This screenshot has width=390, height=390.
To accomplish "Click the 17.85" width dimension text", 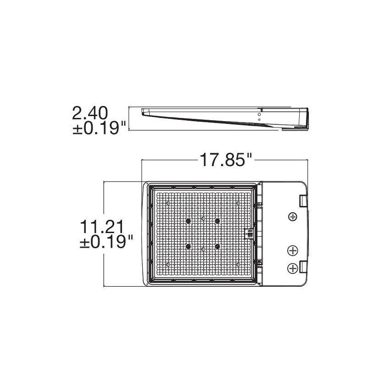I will (226, 161).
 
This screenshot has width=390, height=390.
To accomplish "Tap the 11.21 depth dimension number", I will (102, 227).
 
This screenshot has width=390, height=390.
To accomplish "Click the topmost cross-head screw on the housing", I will (292, 216).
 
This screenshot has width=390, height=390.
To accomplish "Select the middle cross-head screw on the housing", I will (292, 250).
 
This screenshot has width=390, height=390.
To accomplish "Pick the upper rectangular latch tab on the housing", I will (303, 201).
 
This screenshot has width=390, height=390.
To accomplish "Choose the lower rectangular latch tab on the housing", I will (303, 266).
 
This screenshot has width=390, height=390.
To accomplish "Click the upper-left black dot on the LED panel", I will (188, 221).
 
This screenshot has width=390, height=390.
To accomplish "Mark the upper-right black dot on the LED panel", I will (217, 221).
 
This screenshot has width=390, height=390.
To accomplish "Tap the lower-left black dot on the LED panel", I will (188, 247).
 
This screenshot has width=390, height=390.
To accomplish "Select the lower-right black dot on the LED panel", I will (217, 247).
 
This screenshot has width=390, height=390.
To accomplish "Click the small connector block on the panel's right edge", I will (251, 234).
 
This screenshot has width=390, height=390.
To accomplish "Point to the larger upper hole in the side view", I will (259, 114).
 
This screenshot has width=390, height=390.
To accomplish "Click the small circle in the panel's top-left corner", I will (168, 203).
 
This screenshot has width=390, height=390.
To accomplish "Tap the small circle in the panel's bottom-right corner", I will (238, 265).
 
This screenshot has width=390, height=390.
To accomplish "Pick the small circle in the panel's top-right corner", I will (238, 203).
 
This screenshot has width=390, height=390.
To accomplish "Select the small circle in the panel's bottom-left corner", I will (168, 265).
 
